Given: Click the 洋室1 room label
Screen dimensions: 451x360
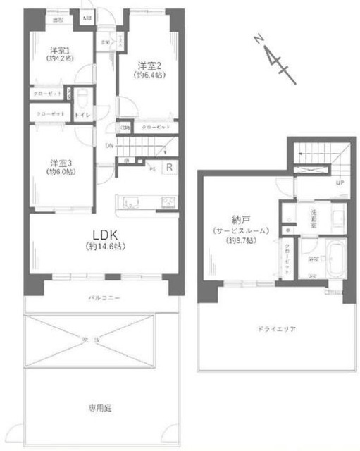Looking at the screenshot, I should tap(56, 50).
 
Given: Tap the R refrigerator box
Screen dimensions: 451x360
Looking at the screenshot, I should tap(170, 167).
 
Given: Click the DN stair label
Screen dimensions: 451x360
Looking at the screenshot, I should tap(109, 146).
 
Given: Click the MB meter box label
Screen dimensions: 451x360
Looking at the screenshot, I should tap(87, 18).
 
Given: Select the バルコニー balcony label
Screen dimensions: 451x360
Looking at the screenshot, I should tap(104, 298).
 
